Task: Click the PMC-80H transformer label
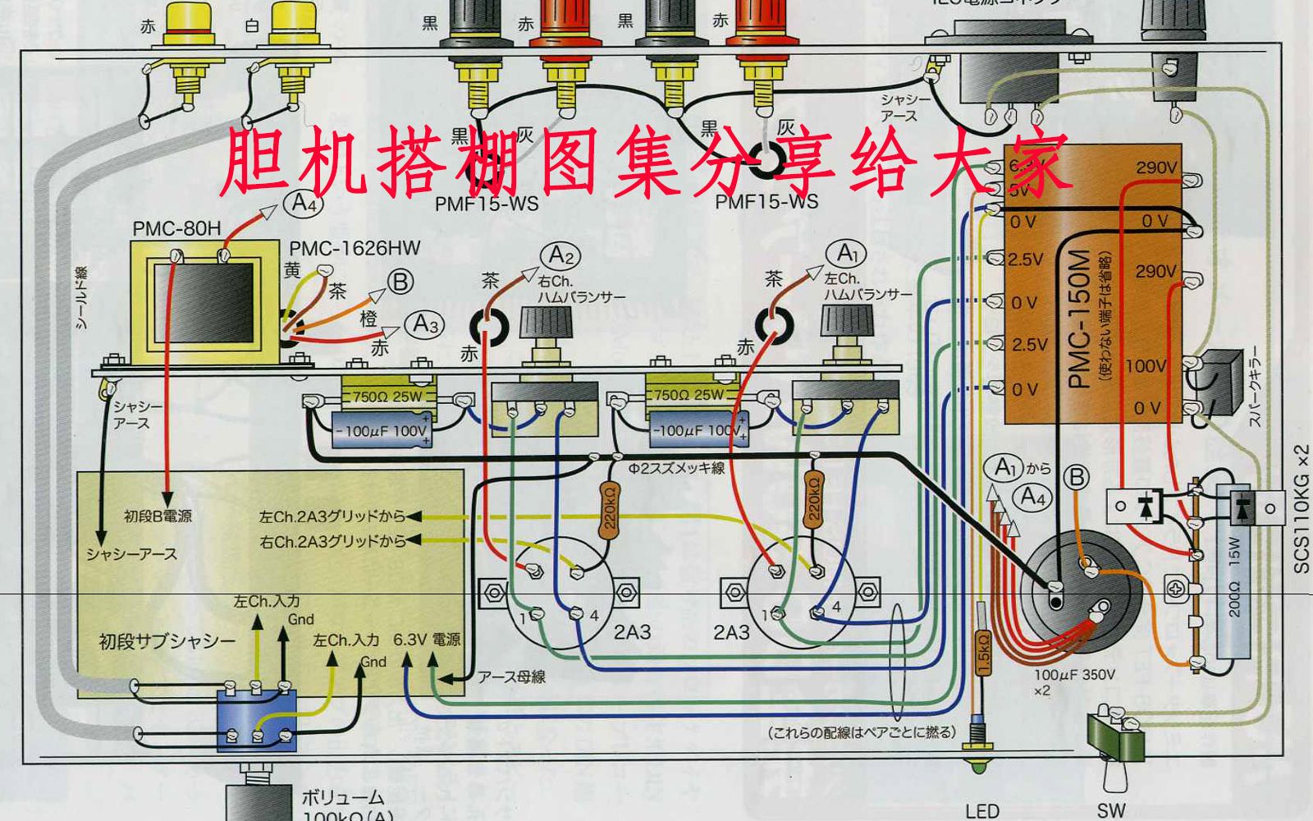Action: click(x=176, y=228)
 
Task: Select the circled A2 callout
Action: click(x=558, y=255)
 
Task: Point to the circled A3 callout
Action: click(x=425, y=323)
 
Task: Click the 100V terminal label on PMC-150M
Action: click(x=1145, y=365)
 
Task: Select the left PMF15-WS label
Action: click(x=487, y=203)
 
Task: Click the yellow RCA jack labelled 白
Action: click(x=291, y=25)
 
